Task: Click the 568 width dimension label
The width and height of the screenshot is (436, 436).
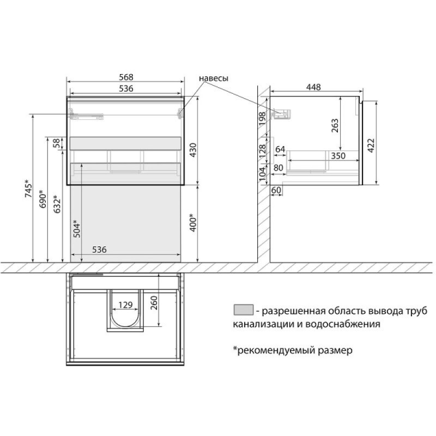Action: click(126, 77)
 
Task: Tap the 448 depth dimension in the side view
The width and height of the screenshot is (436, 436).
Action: click(313, 87)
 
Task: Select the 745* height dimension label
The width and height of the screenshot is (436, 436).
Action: click(29, 189)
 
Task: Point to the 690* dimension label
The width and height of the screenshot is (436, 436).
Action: click(43, 198)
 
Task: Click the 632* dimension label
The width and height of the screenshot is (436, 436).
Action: click(57, 204)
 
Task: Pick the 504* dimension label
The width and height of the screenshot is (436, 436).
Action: click(76, 228)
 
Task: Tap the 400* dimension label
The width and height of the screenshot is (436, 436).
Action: click(193, 222)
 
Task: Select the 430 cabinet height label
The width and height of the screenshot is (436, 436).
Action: click(193, 150)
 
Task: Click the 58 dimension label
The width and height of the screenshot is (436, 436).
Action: click(57, 143)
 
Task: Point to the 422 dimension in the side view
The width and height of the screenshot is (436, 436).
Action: click(371, 146)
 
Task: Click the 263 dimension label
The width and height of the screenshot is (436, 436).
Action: click(335, 125)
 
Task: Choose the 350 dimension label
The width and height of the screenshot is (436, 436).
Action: click(338, 156)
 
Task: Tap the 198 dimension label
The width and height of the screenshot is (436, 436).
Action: click(263, 118)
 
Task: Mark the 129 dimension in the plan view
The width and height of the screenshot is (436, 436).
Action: click(125, 305)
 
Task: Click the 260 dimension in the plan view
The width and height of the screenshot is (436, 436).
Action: click(154, 303)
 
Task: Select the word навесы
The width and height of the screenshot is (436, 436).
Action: click(214, 78)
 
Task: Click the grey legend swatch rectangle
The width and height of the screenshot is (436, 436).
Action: click(244, 310)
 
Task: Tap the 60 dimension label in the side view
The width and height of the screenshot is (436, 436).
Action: click(276, 190)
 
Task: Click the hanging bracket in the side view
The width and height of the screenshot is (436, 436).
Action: click(282, 114)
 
